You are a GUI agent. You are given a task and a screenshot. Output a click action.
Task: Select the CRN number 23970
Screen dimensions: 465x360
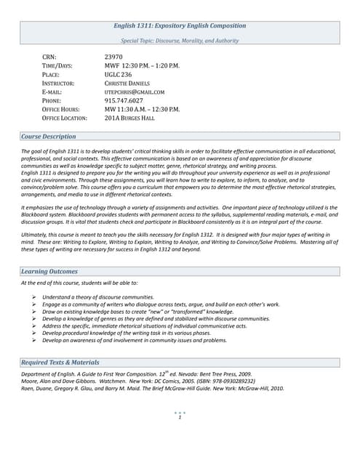pyautogui.click(x=113, y=56)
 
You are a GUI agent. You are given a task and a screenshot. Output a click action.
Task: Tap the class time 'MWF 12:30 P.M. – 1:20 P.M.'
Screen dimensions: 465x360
pyautogui.click(x=142, y=65)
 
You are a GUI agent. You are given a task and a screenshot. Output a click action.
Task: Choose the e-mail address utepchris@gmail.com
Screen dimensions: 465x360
pyautogui.click(x=135, y=92)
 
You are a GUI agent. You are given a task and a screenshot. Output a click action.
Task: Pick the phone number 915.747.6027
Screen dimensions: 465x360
pyautogui.click(x=124, y=101)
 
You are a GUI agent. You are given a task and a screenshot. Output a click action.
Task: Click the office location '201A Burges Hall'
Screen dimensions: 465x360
pyautogui.click(x=132, y=118)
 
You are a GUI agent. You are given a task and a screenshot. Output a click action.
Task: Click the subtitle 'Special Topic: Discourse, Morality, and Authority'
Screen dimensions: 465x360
pyautogui.click(x=180, y=41)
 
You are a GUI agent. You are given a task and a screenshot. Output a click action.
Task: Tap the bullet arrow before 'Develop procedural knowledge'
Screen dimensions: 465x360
pyautogui.click(x=35, y=332)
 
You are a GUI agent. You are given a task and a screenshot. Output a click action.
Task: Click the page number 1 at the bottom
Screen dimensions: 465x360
pyautogui.click(x=180, y=417)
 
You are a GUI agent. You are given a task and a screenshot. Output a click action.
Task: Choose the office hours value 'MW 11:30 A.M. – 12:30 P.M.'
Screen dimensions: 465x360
pyautogui.click(x=142, y=109)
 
